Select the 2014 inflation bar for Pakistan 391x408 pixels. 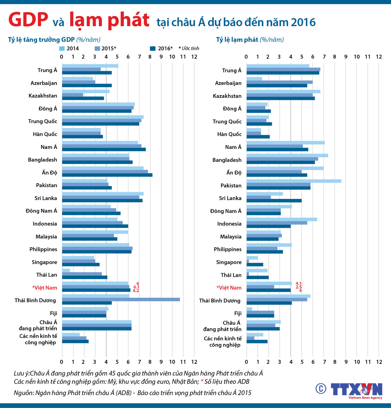click(x=294, y=181)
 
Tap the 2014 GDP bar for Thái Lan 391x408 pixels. click(x=66, y=270)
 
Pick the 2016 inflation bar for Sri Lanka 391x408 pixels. click(x=274, y=201)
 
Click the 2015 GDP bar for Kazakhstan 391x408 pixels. click(x=72, y=95)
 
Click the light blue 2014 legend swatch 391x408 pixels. click(x=62, y=48)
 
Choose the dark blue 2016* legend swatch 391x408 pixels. click(x=153, y=48)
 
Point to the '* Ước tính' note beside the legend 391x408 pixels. click(x=189, y=48)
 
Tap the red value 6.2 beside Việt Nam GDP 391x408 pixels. click(x=136, y=291)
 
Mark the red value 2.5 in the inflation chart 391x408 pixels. click(x=298, y=287)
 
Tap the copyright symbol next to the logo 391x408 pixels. click(x=321, y=388)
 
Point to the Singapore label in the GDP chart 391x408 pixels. click(x=44, y=262)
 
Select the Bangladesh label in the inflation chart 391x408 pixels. click(x=227, y=160)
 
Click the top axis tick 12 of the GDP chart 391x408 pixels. click(x=194, y=57)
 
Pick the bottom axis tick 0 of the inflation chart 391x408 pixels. click(x=246, y=362)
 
